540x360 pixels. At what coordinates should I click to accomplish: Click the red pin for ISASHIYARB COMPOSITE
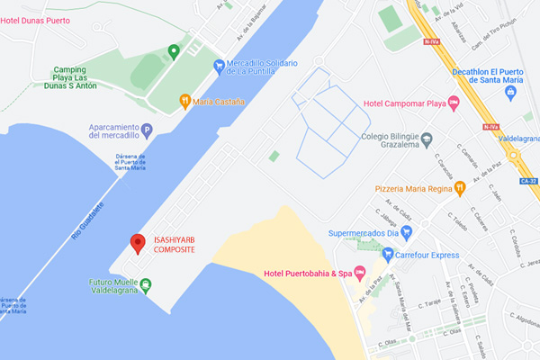pyautogui.click(x=138, y=242)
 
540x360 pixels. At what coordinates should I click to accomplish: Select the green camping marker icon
pyautogui.click(x=174, y=50)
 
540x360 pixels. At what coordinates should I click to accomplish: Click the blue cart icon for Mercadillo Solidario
pyautogui.click(x=219, y=65)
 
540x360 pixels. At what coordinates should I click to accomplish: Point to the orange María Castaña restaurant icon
pyautogui.click(x=184, y=100)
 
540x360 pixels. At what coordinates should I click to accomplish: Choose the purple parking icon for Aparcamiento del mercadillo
pyautogui.click(x=147, y=130)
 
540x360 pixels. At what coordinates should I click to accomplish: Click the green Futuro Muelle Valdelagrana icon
pyautogui.click(x=145, y=285)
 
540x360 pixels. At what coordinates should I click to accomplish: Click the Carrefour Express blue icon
pyautogui.click(x=388, y=255)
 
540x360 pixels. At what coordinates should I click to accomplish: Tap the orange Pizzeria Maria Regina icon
pyautogui.click(x=459, y=188)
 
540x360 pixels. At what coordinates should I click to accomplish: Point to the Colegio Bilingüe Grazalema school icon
pyautogui.click(x=427, y=139)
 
